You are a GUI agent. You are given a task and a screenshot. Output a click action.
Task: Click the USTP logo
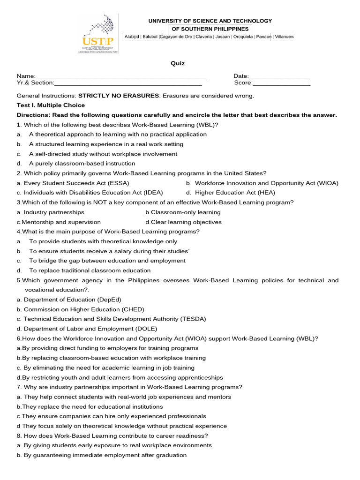point(97,33)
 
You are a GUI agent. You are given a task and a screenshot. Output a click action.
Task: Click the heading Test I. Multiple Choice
point(51,105)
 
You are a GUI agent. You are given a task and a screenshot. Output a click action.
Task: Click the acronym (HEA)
point(266,193)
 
